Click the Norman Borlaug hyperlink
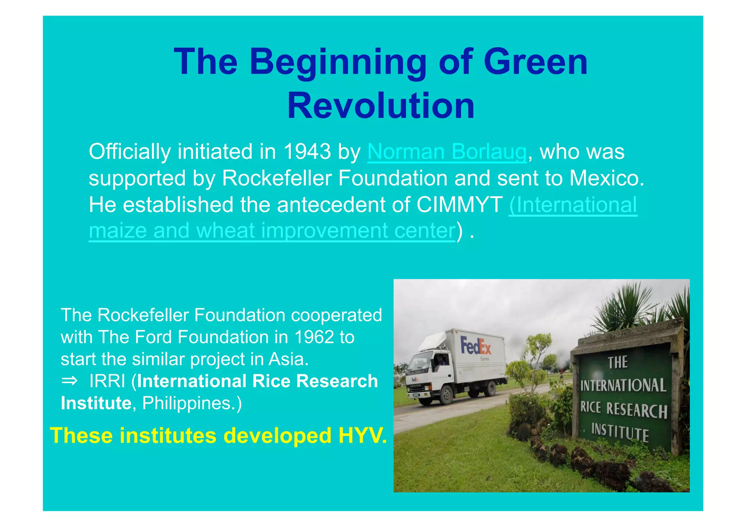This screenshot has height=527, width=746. [447, 152]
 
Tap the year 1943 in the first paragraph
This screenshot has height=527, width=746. [307, 152]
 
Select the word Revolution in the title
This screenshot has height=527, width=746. [381, 106]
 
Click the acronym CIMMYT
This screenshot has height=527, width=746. [459, 205]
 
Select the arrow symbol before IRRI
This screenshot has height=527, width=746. [70, 381]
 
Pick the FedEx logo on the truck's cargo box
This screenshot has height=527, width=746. [475, 346]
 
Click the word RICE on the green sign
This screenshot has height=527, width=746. [590, 407]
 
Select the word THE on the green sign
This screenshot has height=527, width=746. [617, 362]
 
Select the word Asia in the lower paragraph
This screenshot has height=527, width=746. [288, 359]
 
